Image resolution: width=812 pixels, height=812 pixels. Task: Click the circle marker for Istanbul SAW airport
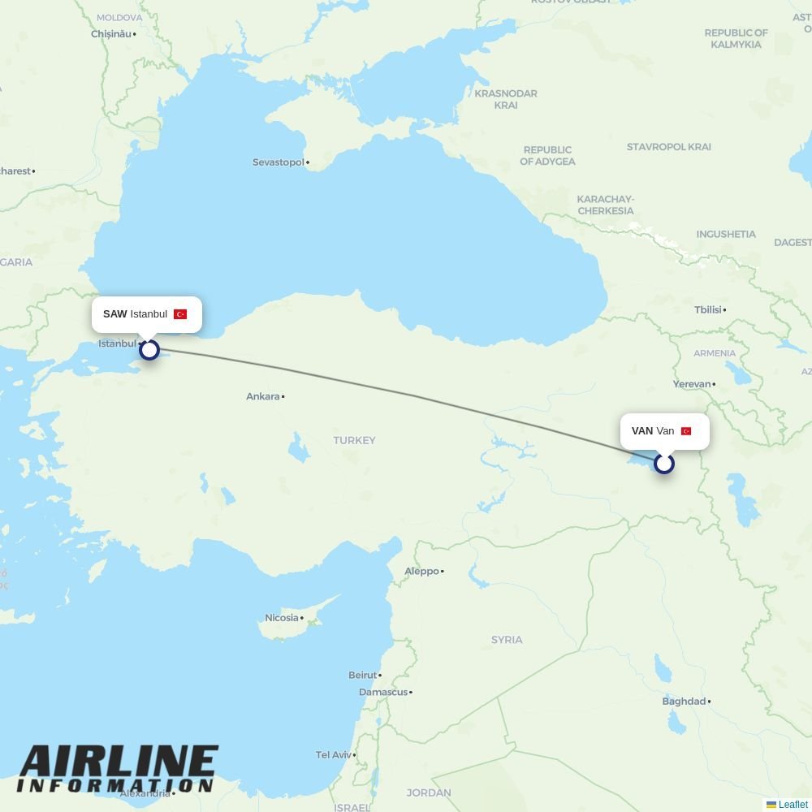tap(149, 350)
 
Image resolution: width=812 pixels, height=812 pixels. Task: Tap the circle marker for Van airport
tap(664, 464)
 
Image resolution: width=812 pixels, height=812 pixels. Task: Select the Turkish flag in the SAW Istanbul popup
tap(180, 314)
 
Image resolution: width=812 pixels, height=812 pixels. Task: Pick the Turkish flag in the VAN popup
tap(686, 431)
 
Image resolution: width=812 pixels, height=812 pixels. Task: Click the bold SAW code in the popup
tap(114, 314)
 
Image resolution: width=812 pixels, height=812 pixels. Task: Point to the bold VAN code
tap(642, 431)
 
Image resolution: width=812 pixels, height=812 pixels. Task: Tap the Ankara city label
tap(263, 396)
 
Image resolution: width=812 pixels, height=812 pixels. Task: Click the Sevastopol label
tap(279, 162)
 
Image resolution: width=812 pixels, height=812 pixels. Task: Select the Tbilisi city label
tap(708, 309)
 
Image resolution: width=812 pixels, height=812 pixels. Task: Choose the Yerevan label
tap(692, 383)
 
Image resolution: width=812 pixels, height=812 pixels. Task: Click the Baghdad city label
tap(684, 701)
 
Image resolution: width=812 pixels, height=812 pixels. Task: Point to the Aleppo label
tap(421, 571)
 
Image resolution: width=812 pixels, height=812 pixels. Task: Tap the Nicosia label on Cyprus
tap(282, 618)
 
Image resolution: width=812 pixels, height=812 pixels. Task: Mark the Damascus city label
tap(383, 692)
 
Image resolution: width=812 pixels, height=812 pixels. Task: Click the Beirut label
tap(363, 675)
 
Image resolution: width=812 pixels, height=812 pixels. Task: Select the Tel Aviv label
tap(333, 754)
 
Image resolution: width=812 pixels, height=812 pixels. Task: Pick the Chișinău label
tap(111, 34)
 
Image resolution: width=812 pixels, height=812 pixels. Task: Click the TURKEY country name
tap(354, 440)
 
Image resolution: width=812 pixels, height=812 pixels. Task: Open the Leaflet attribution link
tap(793, 805)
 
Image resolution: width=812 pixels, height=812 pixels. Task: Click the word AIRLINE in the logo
tap(119, 762)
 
